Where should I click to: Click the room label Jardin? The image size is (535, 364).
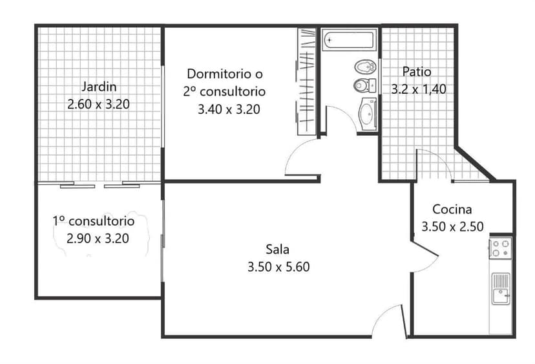pyautogui.click(x=99, y=87)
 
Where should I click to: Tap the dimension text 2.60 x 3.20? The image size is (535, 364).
pyautogui.click(x=99, y=104)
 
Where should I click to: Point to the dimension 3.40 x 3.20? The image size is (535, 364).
pyautogui.click(x=229, y=109)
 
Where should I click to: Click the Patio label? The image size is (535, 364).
pyautogui.click(x=417, y=72)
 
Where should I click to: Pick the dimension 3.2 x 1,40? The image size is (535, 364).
pyautogui.click(x=419, y=89)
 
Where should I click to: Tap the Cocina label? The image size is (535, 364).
pyautogui.click(x=452, y=209)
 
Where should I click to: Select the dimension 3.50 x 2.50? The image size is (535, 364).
pyautogui.click(x=452, y=226)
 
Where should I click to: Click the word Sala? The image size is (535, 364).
pyautogui.click(x=277, y=250)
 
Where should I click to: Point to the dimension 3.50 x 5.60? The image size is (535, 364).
pyautogui.click(x=278, y=266)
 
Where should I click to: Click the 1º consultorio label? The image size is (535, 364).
pyautogui.click(x=94, y=221)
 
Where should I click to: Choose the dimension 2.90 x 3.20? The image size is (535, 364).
pyautogui.click(x=98, y=239)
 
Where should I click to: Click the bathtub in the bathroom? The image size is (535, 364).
pyautogui.click(x=349, y=40)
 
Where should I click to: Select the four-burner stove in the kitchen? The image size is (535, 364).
pyautogui.click(x=500, y=248)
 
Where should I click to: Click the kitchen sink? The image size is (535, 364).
pyautogui.click(x=501, y=289)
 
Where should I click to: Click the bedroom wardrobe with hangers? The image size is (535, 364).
pyautogui.click(x=306, y=81)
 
